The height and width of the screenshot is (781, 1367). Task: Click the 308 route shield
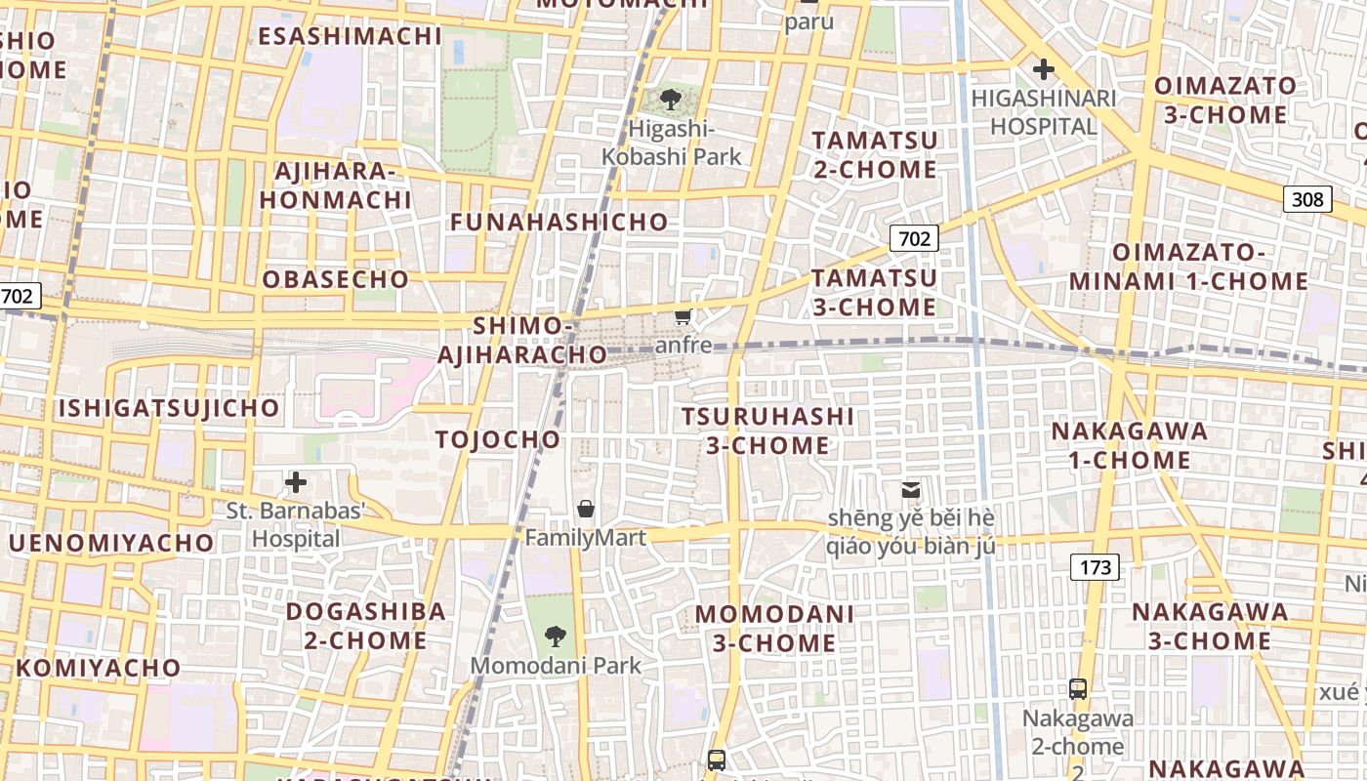click(x=1307, y=200)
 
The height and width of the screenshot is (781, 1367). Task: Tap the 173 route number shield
click(x=1094, y=567)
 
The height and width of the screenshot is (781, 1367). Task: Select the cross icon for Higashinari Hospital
click(x=1044, y=69)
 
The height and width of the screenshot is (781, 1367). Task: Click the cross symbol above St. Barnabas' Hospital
click(x=295, y=482)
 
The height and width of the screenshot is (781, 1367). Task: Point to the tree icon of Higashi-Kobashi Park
click(x=671, y=99)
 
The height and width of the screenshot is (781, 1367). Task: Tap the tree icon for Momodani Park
click(x=556, y=637)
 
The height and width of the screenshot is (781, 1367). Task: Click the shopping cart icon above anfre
click(x=683, y=316)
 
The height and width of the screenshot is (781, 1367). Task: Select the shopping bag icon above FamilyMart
click(x=586, y=509)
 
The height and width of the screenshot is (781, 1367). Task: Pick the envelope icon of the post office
click(x=910, y=489)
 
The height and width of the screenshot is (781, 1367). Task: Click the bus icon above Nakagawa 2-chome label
click(x=1078, y=689)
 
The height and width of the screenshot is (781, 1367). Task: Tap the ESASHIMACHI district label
click(x=351, y=36)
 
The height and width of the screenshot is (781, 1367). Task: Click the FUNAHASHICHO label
click(x=559, y=223)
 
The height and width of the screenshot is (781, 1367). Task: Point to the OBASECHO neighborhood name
click(x=336, y=279)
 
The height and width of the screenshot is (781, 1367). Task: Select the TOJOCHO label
click(x=498, y=439)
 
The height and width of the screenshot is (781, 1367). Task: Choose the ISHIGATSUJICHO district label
click(x=170, y=408)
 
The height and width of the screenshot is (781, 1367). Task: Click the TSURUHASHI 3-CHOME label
click(x=767, y=431)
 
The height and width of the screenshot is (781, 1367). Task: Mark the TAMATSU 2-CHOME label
click(x=875, y=154)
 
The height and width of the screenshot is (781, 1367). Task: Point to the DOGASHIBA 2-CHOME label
click(x=365, y=626)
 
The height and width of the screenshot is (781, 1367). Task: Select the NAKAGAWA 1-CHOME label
click(x=1129, y=445)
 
